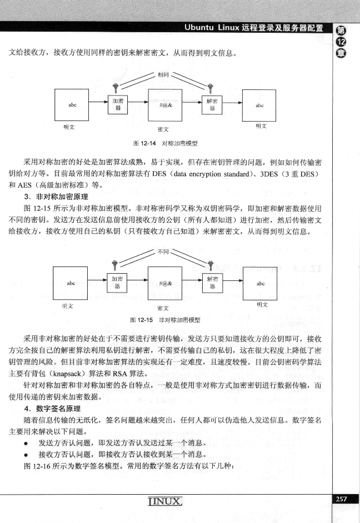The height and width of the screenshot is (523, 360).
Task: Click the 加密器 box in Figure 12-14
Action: coord(117,104)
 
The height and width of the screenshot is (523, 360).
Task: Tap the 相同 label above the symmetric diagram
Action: coord(163,74)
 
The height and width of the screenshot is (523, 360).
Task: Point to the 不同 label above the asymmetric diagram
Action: coord(163,252)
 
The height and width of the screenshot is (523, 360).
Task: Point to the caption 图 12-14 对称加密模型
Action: coord(164,143)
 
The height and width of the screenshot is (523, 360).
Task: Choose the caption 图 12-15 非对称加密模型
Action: coord(164,320)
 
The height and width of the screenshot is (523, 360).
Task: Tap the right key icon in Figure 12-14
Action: coord(209,87)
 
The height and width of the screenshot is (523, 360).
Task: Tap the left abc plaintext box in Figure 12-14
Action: coord(72,104)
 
